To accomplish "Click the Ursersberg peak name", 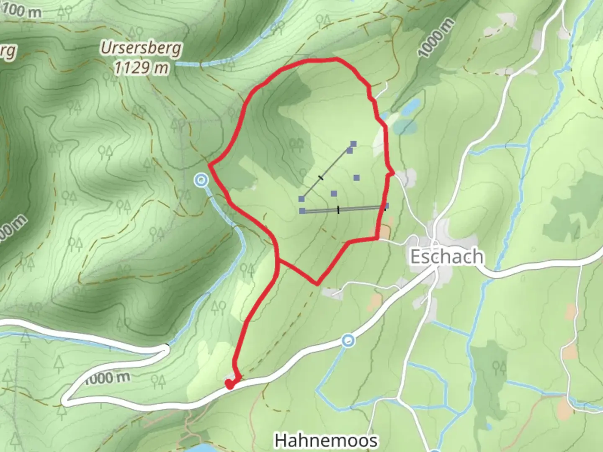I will [x=141, y=49].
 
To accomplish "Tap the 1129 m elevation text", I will [x=141, y=67].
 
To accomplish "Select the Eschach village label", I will [x=446, y=256].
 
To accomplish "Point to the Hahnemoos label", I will [x=326, y=440].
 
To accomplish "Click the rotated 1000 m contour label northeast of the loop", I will [x=436, y=38].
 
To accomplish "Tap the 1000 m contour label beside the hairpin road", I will [x=107, y=378].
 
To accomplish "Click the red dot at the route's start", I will [x=229, y=383].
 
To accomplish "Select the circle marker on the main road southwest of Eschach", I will [x=348, y=341].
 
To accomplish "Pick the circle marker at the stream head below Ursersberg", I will [x=201, y=180].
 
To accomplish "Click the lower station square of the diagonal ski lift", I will [x=301, y=199].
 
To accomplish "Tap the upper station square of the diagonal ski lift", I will [x=353, y=144].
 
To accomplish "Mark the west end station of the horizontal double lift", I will [x=302, y=211].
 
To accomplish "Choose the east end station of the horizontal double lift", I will [x=386, y=205].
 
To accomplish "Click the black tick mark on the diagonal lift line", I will [x=321, y=178].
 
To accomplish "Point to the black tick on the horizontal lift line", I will [x=338, y=209].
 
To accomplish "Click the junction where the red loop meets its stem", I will [x=278, y=260].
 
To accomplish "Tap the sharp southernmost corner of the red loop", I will [x=317, y=285].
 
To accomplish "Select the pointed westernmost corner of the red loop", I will [x=209, y=164].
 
